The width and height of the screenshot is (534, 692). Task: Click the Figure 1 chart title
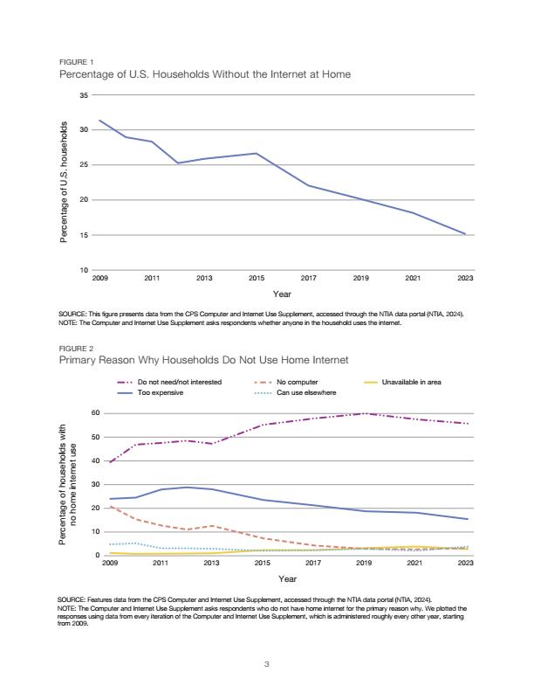click(x=205, y=74)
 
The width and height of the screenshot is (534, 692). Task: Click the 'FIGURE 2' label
click(x=76, y=349)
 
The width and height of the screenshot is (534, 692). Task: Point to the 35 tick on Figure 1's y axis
click(x=84, y=95)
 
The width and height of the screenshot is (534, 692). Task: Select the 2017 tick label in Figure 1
click(x=308, y=278)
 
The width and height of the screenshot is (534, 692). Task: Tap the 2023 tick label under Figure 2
click(x=465, y=563)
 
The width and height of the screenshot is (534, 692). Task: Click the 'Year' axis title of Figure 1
click(x=282, y=294)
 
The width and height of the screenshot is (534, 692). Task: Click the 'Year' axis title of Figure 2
click(x=287, y=578)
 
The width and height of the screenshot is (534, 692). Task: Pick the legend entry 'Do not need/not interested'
click(x=169, y=382)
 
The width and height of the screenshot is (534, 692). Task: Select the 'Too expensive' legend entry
click(x=150, y=393)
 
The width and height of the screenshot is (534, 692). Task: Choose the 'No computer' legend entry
click(x=286, y=382)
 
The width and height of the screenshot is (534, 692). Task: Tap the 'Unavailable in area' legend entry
click(x=402, y=382)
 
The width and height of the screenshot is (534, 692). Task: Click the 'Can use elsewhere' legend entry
click(x=295, y=393)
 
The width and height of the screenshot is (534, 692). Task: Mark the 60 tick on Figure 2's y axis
click(x=96, y=413)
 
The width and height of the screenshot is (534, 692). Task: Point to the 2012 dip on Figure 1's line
click(x=178, y=163)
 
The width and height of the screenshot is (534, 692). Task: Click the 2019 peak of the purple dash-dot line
click(x=364, y=413)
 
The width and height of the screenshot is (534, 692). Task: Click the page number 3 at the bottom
click(x=266, y=664)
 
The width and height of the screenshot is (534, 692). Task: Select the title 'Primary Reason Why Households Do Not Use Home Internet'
click(x=203, y=360)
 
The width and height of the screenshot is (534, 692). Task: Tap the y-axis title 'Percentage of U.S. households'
click(x=64, y=182)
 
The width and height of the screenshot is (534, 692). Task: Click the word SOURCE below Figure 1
click(x=72, y=315)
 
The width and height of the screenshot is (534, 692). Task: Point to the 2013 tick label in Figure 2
click(x=211, y=563)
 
